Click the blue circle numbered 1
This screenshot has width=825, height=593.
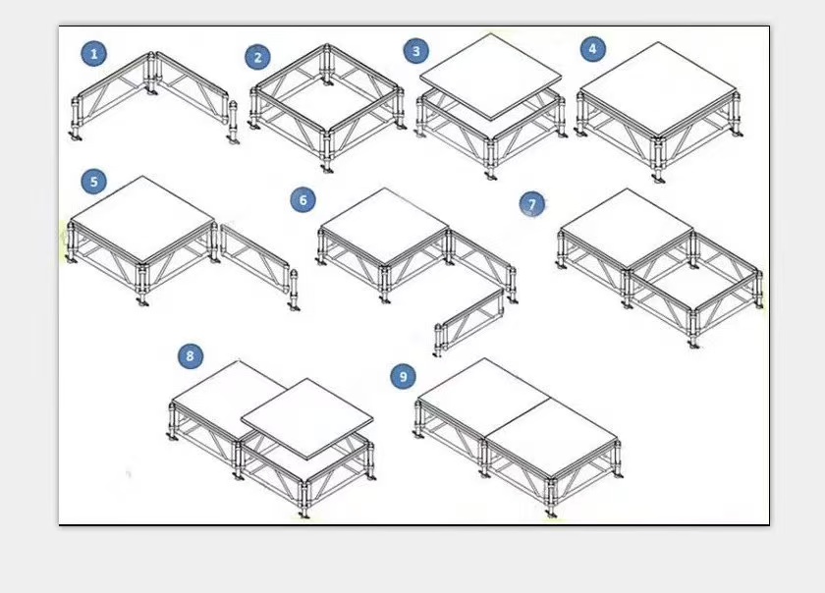point(93,54)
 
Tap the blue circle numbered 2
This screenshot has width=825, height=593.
point(257,57)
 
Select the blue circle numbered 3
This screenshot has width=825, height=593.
point(416,51)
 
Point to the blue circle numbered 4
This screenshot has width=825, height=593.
point(593,49)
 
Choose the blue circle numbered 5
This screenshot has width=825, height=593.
point(94,182)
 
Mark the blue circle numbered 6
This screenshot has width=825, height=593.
point(303,200)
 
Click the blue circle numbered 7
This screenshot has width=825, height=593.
point(532,204)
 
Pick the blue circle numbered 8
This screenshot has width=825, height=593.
point(191,356)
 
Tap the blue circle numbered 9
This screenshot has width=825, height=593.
point(404,376)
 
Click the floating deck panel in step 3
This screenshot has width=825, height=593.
point(490,77)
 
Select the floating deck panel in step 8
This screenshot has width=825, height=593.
point(307,419)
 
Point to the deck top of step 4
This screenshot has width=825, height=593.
point(658,88)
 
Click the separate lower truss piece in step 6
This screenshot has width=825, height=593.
point(468,321)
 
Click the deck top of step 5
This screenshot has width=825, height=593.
point(142,218)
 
